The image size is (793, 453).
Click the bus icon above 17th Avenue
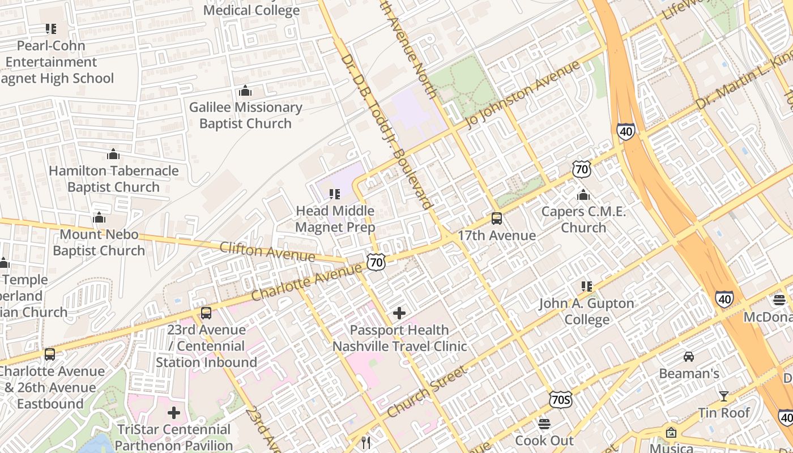coord(497,219)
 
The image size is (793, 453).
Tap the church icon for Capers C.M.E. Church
coord(583,195)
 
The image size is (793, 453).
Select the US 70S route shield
coord(560,400)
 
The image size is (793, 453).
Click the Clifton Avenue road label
coord(267,251)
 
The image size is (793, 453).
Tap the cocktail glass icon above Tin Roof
coord(723,396)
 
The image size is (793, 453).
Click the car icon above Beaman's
coord(689,356)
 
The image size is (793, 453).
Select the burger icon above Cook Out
coord(544,424)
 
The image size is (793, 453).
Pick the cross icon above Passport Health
coord(399,313)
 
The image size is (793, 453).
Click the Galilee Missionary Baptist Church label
coord(245,115)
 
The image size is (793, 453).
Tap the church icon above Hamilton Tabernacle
coord(113,154)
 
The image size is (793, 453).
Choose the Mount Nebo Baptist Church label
coord(99,242)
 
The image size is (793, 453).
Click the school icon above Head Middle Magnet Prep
coord(335,194)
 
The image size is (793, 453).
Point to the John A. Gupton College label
coord(587,311)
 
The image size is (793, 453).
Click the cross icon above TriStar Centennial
coord(174,412)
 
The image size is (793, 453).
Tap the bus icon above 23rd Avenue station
coord(206,313)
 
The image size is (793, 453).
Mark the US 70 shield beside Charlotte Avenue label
coord(376,262)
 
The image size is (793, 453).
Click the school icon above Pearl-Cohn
coord(51,28)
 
